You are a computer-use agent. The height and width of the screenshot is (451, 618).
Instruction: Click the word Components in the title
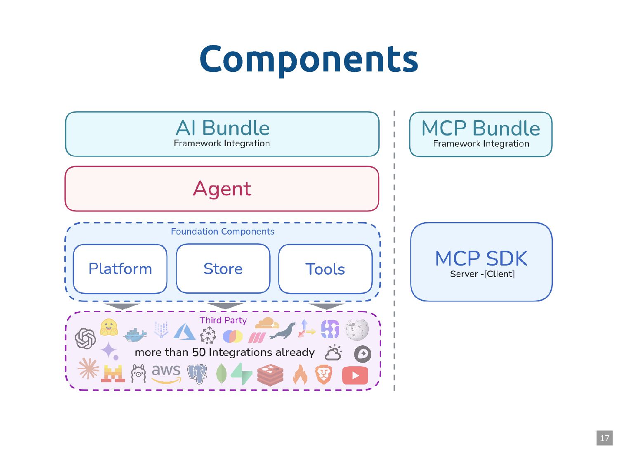tap(309, 59)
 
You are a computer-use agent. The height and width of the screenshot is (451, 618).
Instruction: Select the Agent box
tap(222, 189)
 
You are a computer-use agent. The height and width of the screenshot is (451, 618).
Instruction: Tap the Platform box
tap(120, 269)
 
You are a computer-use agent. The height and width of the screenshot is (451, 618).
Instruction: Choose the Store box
tap(223, 269)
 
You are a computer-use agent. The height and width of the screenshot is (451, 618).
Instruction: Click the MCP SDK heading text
tap(481, 259)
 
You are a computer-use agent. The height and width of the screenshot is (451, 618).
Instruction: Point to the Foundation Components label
tap(222, 232)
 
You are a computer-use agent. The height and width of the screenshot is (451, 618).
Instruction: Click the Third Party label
tap(223, 320)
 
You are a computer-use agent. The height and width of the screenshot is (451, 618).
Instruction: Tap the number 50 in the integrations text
tap(199, 352)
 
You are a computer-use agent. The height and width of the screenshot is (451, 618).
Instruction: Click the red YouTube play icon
tap(355, 375)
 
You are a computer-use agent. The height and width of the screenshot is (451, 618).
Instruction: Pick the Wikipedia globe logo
tap(357, 329)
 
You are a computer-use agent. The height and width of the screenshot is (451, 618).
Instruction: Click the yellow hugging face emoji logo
tap(109, 327)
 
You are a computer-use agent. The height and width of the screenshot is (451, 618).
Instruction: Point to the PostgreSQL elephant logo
tap(197, 374)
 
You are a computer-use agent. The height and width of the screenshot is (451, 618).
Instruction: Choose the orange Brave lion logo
tap(324, 374)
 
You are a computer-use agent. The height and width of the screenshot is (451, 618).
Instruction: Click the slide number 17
tap(604, 438)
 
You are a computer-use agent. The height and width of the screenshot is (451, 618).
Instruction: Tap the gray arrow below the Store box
tap(225, 306)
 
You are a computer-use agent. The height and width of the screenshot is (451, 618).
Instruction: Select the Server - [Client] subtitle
tap(482, 274)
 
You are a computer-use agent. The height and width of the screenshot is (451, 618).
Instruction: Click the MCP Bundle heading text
tap(481, 128)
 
